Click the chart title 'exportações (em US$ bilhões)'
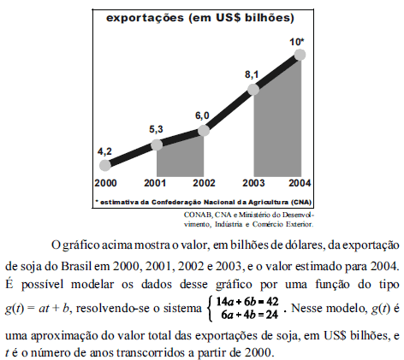click(x=201, y=18)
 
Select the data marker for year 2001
click(x=156, y=145)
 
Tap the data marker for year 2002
click(x=203, y=130)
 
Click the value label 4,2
click(x=104, y=150)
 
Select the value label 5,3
click(x=155, y=129)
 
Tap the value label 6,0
click(x=202, y=115)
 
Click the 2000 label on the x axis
click(x=106, y=184)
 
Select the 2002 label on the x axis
click(x=203, y=184)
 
